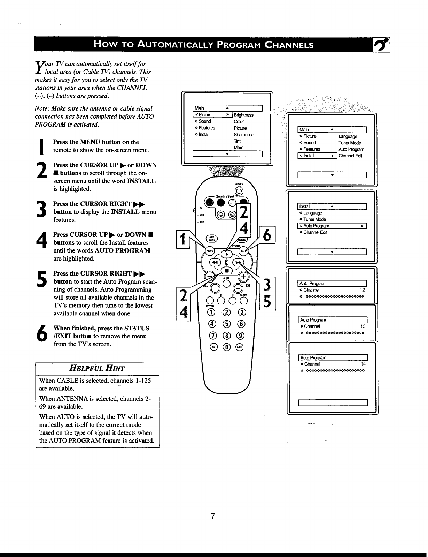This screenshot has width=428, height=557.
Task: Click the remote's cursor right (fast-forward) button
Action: (x=239, y=263)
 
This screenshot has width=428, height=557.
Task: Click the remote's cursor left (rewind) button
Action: (x=215, y=263)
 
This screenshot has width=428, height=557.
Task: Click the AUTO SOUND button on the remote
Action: (x=211, y=238)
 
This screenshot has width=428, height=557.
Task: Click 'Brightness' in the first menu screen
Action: (x=243, y=115)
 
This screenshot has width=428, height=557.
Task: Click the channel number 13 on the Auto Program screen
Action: (x=363, y=326)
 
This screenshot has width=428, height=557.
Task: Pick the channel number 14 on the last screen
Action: (x=363, y=364)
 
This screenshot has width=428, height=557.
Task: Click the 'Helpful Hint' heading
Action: (x=98, y=369)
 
